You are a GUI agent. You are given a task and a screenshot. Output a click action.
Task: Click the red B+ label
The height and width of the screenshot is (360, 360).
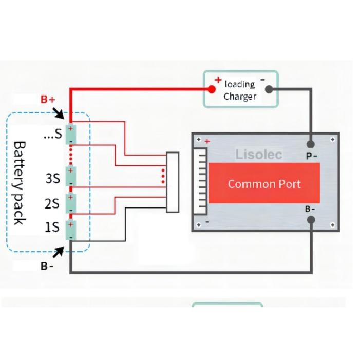tap(48, 99)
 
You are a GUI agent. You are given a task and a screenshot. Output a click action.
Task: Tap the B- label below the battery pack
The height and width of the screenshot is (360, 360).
tap(47, 267)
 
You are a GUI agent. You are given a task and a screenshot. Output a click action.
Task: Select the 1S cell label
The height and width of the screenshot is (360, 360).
tap(52, 227)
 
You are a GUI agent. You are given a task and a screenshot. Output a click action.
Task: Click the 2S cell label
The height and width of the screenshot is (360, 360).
tap(52, 203)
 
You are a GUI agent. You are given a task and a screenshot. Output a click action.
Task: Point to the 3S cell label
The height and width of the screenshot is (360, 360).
tap(52, 178)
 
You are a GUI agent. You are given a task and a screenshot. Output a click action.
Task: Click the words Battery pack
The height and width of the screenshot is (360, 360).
tap(19, 183)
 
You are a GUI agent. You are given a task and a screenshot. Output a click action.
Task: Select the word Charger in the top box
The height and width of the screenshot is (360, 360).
tap(240, 97)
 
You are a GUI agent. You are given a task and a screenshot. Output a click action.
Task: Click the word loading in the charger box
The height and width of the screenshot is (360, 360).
tap(240, 84)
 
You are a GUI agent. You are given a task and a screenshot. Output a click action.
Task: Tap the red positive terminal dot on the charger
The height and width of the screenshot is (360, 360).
tap(212, 89)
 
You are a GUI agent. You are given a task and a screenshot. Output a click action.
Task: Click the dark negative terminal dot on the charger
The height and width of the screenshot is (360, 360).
tap(269, 89)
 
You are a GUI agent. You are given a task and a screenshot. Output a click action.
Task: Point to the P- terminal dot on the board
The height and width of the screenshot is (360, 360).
tap(311, 144)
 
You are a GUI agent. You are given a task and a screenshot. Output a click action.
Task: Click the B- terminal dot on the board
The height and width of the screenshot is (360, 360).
tap(311, 220)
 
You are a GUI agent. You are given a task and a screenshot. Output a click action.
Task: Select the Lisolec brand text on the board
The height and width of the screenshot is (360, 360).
tap(259, 155)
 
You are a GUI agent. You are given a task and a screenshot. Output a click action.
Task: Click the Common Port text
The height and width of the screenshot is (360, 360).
tap(264, 184)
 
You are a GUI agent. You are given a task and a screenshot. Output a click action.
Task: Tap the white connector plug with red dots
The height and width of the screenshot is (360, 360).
tap(173, 182)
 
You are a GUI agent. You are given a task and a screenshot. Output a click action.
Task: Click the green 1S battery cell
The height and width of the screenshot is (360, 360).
tap(71, 230)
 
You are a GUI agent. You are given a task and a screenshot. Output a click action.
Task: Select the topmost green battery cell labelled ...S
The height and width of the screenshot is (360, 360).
tap(71, 135)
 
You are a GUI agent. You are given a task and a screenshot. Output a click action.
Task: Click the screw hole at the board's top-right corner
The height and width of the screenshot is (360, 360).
tap(333, 139)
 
